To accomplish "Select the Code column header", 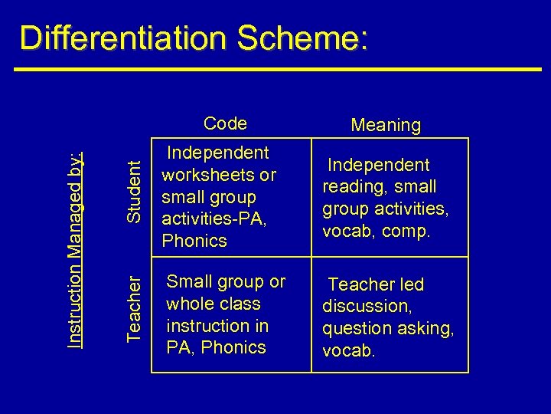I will tap(225, 123).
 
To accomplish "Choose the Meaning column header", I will tap(386, 125).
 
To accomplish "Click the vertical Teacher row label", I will tap(134, 307).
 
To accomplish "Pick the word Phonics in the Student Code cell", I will tap(194, 241).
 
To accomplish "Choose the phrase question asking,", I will tap(388, 328).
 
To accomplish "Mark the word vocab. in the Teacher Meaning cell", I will tap(349, 350).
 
